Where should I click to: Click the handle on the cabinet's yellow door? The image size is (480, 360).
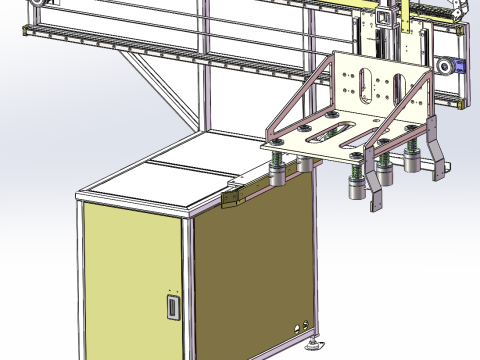pos(173,306)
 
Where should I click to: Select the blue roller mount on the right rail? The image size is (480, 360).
pos(461,66)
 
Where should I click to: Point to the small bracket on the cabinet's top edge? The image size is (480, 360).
pos(234,197)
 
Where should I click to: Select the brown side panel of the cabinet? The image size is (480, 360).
pos(250,270)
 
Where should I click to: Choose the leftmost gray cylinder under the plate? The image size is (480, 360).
pos(278,179)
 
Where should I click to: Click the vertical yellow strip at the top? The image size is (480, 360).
pos(384,17)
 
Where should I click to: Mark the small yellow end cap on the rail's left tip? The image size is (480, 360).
pos(21,33)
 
